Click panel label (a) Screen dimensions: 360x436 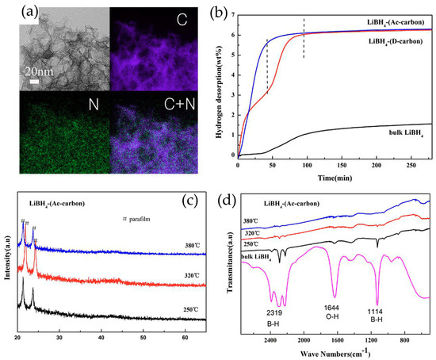(x=16, y=13)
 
